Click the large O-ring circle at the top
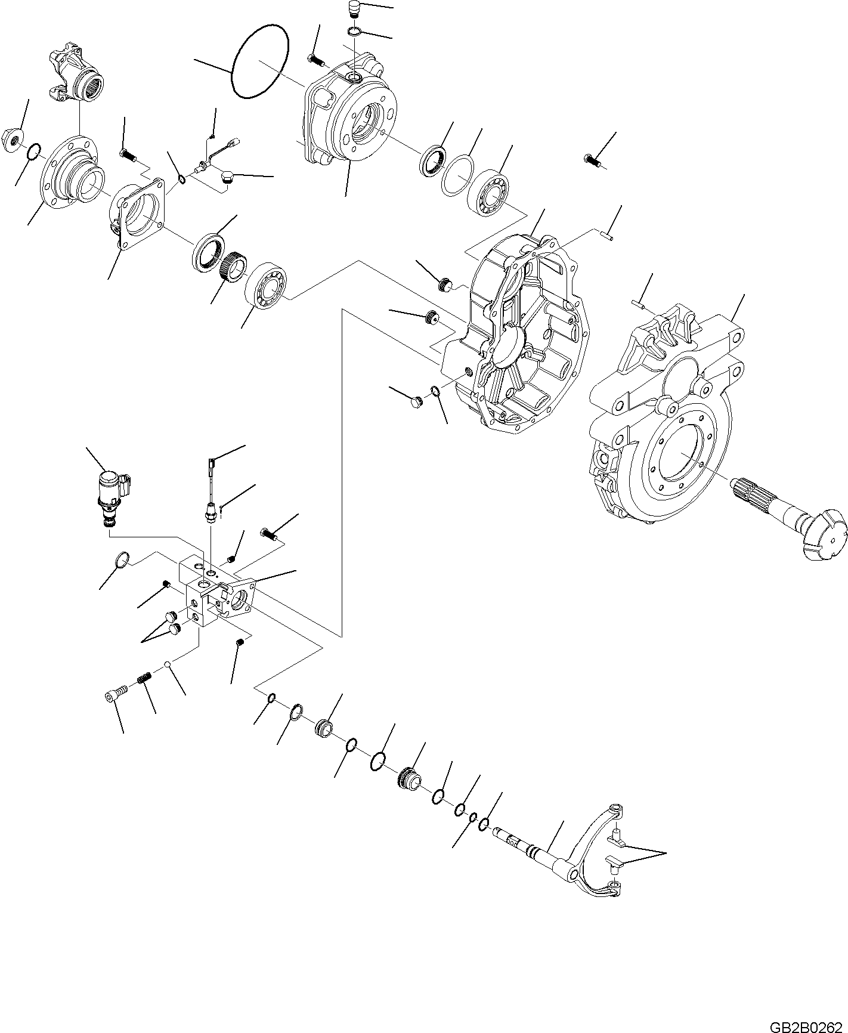pos(261,61)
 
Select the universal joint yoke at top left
pos(76,73)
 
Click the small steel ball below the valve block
pos(169,664)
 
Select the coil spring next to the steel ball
pos(144,678)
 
